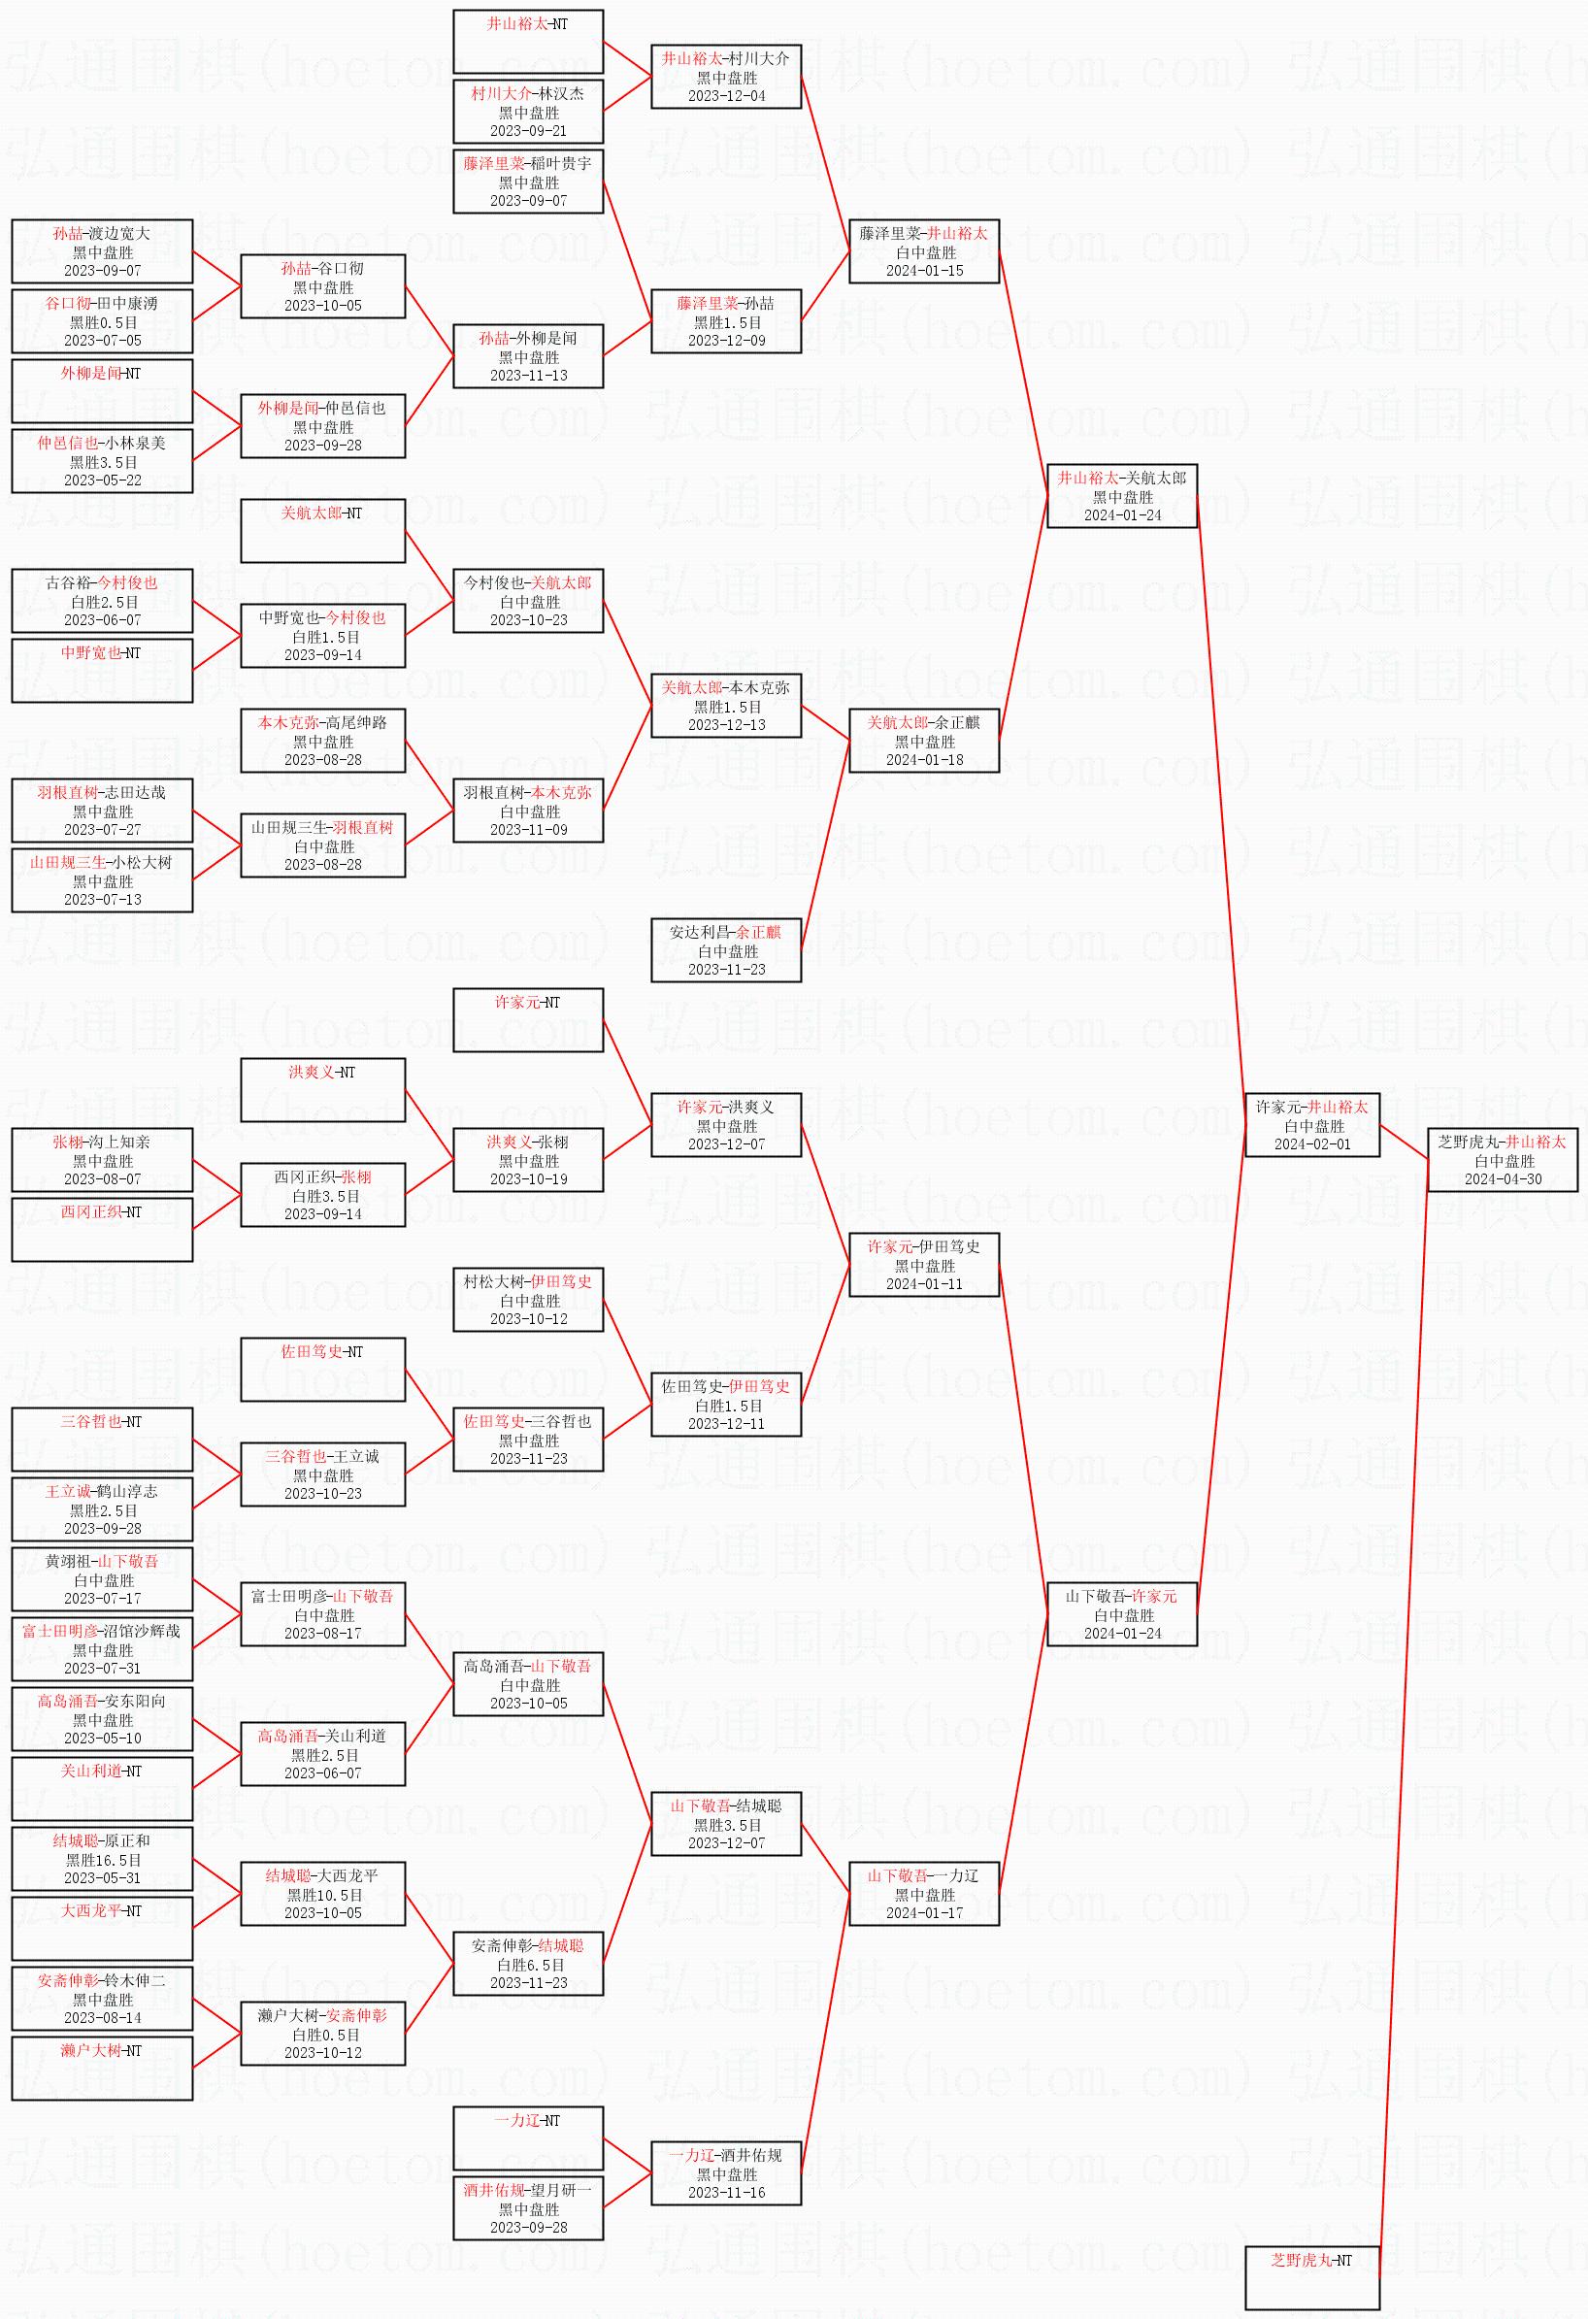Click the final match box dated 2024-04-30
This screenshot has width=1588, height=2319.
coord(1503,1159)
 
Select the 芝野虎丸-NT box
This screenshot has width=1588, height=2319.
coord(1311,2277)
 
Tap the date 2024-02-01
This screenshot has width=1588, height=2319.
coord(1311,1143)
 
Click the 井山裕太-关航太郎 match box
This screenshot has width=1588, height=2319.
coord(1122,496)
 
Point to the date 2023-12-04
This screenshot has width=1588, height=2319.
coord(727,96)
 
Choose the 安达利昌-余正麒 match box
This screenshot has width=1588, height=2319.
coord(727,950)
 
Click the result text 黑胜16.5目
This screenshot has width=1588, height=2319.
coord(103,1860)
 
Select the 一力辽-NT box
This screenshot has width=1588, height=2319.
coord(528,2137)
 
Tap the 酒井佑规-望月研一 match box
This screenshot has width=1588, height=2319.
coord(528,2207)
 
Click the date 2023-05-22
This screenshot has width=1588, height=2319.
coord(103,480)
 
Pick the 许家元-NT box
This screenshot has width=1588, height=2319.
coord(528,1020)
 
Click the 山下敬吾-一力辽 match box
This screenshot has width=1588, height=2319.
coord(924,1893)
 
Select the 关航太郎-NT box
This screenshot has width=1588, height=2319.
coord(322,531)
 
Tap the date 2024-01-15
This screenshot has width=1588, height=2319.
coord(924,271)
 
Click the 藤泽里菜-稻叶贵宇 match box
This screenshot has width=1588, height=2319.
coord(528,182)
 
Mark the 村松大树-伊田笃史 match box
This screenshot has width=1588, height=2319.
coord(528,1299)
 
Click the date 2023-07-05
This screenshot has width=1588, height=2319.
coord(103,341)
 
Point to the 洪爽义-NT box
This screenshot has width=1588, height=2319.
coord(322,1090)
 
